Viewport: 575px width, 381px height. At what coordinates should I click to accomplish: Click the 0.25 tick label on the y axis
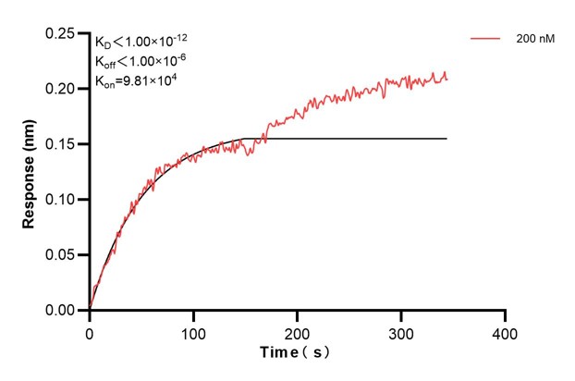[x=60, y=33]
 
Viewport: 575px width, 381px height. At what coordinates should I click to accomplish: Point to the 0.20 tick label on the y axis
[x=60, y=89]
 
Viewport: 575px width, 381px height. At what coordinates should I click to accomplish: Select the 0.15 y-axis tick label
[x=60, y=144]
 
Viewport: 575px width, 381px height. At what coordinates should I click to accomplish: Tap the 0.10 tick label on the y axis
[x=60, y=200]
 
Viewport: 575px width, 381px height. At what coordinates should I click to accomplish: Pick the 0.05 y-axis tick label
[x=60, y=255]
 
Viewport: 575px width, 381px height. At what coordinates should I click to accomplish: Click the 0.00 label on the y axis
[x=60, y=311]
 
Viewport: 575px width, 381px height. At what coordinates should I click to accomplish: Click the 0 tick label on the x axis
[x=90, y=331]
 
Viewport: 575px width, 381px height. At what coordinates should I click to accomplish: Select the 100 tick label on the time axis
[x=193, y=331]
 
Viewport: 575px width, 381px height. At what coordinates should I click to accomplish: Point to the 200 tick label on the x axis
[x=297, y=331]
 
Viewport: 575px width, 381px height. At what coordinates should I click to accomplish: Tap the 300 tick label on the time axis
[x=400, y=331]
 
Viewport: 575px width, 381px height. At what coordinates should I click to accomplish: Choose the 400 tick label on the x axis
[x=504, y=331]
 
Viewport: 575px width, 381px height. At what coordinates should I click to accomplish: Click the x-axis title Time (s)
[x=294, y=352]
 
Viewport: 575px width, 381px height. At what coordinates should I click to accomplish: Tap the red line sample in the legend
[x=485, y=40]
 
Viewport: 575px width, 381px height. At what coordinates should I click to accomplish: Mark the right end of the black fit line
[x=447, y=139]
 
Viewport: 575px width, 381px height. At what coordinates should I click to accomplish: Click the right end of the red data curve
[x=447, y=78]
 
